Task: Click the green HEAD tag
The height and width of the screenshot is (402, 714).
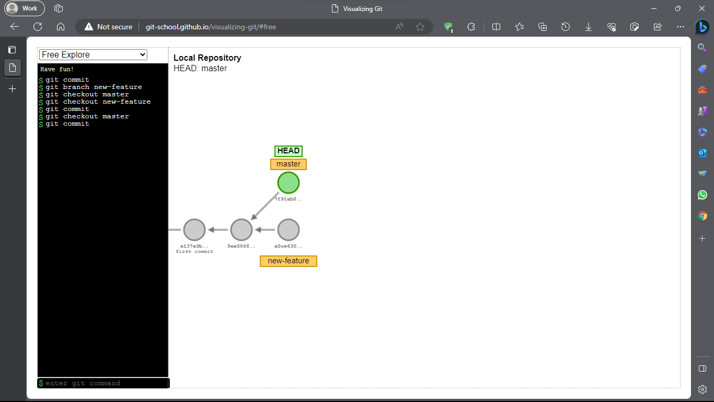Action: pyautogui.click(x=289, y=151)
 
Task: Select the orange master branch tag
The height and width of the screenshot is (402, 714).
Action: pyautogui.click(x=289, y=164)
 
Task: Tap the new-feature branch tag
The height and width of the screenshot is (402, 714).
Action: pyautogui.click(x=289, y=261)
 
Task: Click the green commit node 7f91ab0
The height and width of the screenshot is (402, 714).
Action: pyautogui.click(x=289, y=183)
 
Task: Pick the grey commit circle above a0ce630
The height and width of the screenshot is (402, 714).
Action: pyautogui.click(x=289, y=230)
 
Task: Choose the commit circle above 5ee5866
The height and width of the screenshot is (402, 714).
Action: pyautogui.click(x=241, y=230)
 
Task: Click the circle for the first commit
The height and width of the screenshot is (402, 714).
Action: pyautogui.click(x=194, y=230)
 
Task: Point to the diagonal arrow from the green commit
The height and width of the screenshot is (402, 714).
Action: pyautogui.click(x=265, y=206)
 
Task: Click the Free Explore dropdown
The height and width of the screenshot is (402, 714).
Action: pyautogui.click(x=93, y=55)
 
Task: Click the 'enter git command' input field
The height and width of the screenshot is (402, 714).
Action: pyautogui.click(x=105, y=383)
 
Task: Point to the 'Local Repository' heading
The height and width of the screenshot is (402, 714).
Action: pyautogui.click(x=208, y=58)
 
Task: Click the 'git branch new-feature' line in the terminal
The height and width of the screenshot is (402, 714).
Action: pyautogui.click(x=94, y=87)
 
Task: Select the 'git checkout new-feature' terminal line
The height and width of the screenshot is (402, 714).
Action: pyautogui.click(x=98, y=102)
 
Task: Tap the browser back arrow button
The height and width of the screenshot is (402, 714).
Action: pyautogui.click(x=15, y=27)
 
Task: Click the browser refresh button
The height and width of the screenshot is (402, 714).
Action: pyautogui.click(x=38, y=27)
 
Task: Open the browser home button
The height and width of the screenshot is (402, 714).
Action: pyautogui.click(x=61, y=27)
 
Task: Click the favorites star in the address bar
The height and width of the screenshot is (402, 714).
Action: pyautogui.click(x=420, y=27)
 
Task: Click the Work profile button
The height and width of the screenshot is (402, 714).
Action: pyautogui.click(x=25, y=8)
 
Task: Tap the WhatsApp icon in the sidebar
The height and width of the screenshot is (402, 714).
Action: pyautogui.click(x=703, y=195)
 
